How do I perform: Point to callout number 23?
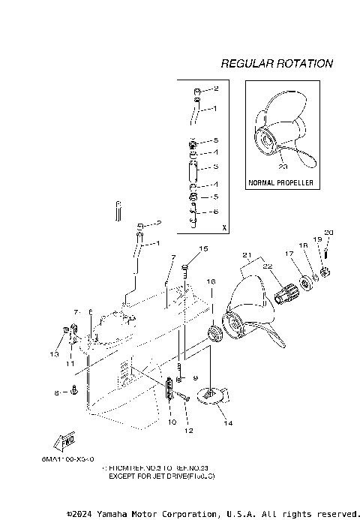[x=280, y=167]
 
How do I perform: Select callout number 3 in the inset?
[x=215, y=167]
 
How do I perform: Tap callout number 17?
[x=288, y=254]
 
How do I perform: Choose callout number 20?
[x=328, y=232]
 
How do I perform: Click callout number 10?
[x=172, y=422]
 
